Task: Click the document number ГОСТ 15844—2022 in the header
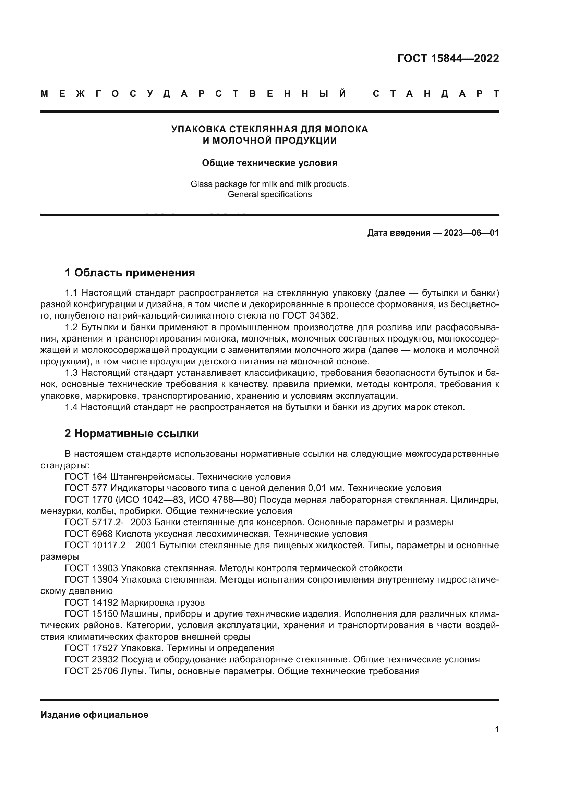(x=448, y=58)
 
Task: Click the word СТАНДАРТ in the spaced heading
(x=436, y=94)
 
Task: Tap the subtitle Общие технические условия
(x=269, y=163)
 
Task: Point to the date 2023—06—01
(x=471, y=233)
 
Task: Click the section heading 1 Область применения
(x=130, y=273)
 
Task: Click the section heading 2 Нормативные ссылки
(x=132, y=433)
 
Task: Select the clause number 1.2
(x=72, y=327)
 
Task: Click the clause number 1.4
(x=72, y=407)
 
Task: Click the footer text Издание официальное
(x=94, y=715)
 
